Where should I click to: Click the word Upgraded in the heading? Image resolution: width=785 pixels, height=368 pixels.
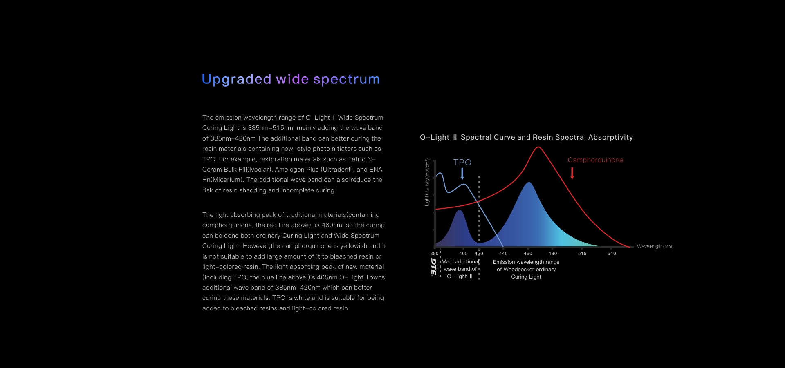(x=236, y=79)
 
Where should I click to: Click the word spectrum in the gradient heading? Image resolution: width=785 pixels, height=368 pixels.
(x=346, y=79)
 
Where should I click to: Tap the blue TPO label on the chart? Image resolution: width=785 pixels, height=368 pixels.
(x=462, y=162)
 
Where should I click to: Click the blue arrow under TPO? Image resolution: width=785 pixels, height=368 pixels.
(x=462, y=174)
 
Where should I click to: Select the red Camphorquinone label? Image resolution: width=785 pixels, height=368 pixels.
(x=595, y=160)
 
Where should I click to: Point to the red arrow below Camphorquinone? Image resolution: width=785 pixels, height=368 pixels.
(x=572, y=173)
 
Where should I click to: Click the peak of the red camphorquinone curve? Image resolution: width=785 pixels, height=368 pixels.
(x=538, y=147)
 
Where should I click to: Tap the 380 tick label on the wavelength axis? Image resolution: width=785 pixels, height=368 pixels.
(x=434, y=254)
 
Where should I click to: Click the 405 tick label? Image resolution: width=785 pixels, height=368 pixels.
(x=463, y=254)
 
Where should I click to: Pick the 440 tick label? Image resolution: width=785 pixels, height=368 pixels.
(x=503, y=254)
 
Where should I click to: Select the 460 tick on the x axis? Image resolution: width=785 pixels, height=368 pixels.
(x=528, y=254)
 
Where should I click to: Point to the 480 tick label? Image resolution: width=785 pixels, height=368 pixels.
(x=552, y=254)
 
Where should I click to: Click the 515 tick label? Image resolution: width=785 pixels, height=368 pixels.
(x=582, y=254)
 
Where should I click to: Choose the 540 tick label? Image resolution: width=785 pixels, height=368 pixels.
(x=612, y=254)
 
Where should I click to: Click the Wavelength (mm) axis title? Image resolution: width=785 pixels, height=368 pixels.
(x=655, y=246)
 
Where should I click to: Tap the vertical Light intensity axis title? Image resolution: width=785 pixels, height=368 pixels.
(x=427, y=182)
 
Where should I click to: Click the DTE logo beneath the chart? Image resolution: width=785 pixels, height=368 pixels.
(x=433, y=267)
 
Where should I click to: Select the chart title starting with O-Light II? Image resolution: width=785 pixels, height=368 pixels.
(x=526, y=137)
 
